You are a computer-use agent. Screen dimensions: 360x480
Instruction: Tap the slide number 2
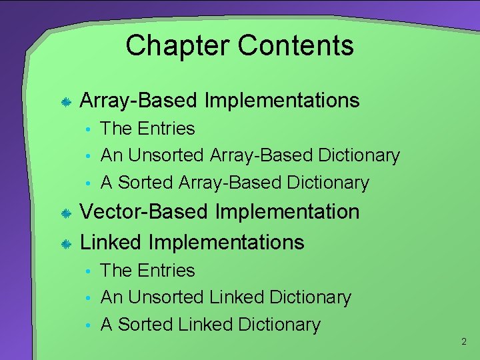(x=464, y=342)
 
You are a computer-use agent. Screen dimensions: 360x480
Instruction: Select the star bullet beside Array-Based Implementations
(x=66, y=102)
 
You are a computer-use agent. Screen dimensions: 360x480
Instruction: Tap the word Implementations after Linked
(x=226, y=242)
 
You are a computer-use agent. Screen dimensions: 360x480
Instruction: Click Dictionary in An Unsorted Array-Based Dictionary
(x=359, y=155)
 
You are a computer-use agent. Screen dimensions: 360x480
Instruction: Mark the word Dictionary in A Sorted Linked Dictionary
(x=279, y=325)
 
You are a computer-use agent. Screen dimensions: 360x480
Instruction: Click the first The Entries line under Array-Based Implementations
(x=147, y=129)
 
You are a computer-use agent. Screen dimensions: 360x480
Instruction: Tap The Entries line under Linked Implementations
(x=147, y=271)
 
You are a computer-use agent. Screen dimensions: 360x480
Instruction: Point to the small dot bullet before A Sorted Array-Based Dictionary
(x=87, y=183)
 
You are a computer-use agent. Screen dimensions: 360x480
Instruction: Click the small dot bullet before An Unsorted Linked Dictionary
(x=87, y=298)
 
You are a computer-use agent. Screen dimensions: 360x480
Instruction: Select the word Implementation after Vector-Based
(x=287, y=212)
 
